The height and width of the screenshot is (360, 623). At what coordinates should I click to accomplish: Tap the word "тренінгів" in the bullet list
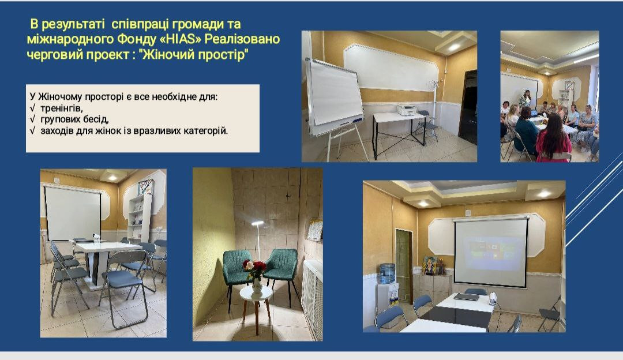coord(61,108)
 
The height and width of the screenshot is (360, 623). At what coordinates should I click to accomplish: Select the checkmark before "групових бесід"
coord(32,119)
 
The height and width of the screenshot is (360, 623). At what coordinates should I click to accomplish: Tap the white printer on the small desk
coord(407,109)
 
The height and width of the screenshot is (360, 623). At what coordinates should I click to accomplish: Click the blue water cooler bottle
coord(387,273)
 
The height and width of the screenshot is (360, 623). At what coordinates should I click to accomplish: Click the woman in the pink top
coord(553,139)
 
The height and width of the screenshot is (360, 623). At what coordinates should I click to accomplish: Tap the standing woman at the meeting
coord(526,99)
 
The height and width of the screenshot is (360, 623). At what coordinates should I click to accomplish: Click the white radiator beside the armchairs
coord(313,298)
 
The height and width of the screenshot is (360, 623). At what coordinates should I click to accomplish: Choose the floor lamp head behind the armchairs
coord(258,224)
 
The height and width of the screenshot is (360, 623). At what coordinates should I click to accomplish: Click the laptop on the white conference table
coord(467,297)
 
